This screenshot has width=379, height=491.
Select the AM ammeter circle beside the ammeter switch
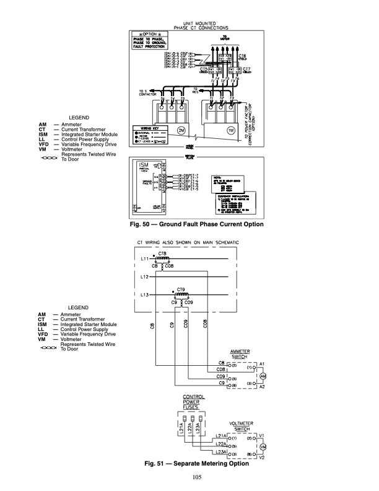pos(262,376)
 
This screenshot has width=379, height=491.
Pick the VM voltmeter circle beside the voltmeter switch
pos(262,447)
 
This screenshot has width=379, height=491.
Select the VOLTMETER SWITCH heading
pos(239,426)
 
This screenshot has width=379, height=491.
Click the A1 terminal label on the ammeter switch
pos(262,362)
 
